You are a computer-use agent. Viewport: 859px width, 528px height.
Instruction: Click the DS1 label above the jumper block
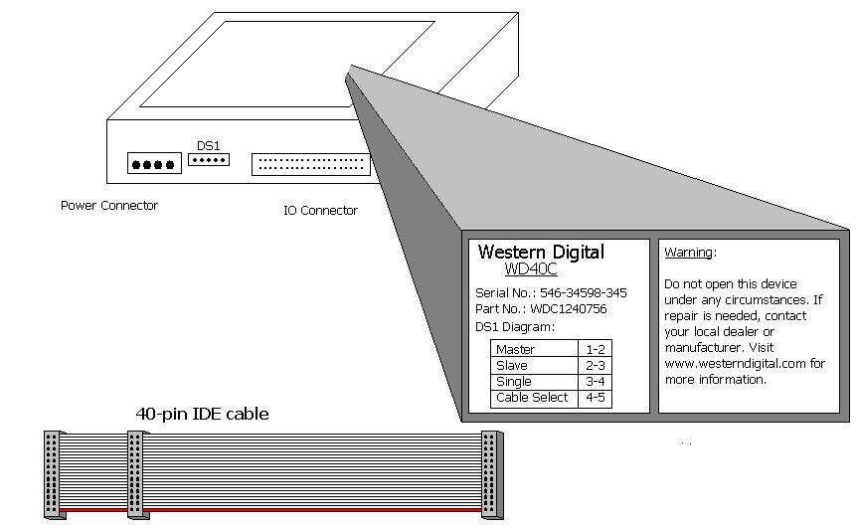208,145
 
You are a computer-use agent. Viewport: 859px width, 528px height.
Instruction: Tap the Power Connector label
109,206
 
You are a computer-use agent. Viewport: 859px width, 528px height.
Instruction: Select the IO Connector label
314,211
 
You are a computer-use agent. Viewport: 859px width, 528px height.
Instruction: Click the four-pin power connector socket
152,164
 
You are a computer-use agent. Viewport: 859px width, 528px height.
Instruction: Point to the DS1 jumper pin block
209,159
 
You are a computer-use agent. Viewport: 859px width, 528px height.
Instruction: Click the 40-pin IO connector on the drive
311,164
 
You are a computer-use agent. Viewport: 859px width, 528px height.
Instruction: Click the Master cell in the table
515,350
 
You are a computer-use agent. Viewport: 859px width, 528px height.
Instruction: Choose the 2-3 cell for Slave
595,366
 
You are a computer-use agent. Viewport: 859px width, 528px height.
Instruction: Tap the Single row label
513,382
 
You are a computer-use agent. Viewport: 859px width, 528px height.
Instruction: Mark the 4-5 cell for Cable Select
595,398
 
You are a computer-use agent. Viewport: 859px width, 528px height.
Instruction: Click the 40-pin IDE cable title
202,414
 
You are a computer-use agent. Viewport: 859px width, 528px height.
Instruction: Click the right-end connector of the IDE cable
489,474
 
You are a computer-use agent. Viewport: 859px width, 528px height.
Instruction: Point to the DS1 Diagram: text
515,326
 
